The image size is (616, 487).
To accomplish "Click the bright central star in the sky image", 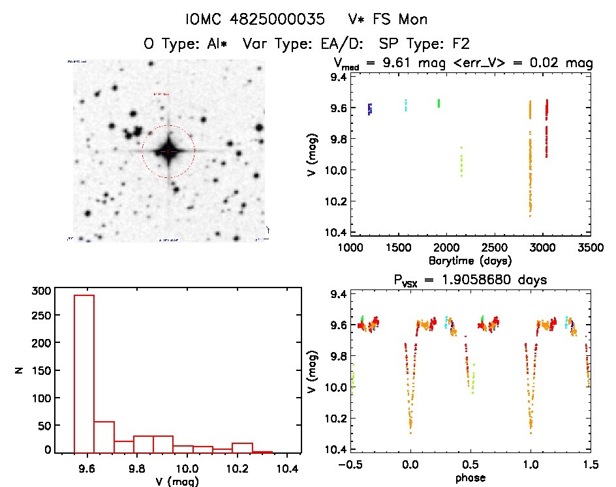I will (168, 151).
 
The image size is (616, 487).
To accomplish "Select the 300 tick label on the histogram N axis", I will (40, 291).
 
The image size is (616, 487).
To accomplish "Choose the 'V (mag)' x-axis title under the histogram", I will (177, 482).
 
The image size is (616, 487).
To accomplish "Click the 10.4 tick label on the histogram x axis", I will (288, 468).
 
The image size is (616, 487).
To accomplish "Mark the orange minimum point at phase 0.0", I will (410, 432).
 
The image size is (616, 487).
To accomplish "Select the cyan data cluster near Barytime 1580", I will (405, 105).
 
